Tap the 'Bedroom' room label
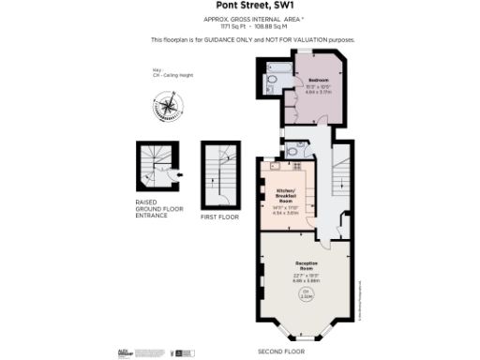pos(319,81)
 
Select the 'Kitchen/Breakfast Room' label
pos(286,196)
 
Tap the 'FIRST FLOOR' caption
pos(220,217)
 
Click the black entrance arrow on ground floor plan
pos(179,174)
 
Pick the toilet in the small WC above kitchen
pos(293,151)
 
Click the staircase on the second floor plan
pos(340,178)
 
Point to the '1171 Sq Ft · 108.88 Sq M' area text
pos(239,27)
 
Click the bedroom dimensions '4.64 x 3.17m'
pos(319,93)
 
